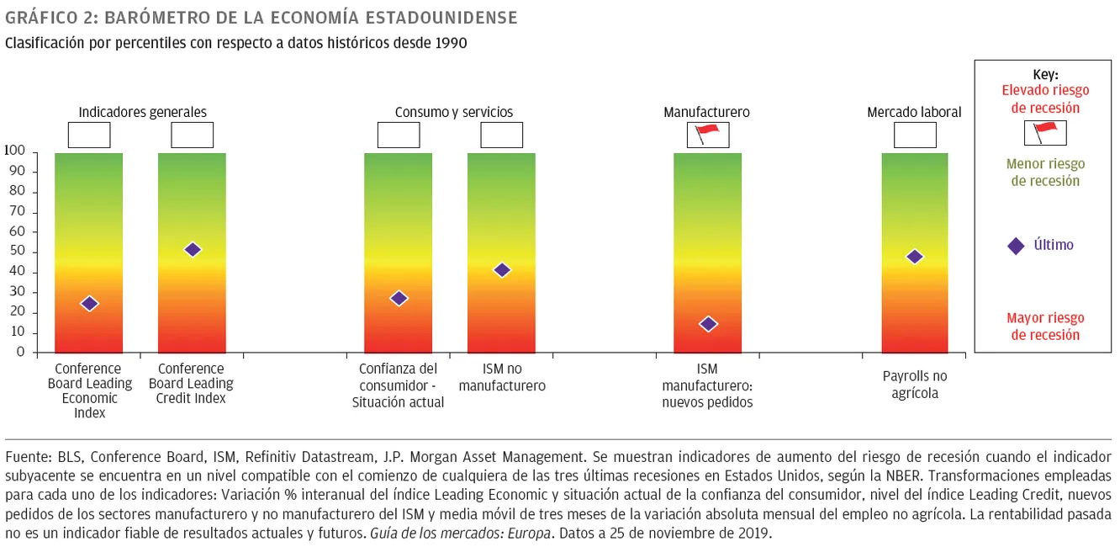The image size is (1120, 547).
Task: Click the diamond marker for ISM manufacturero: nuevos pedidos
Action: [x=708, y=324]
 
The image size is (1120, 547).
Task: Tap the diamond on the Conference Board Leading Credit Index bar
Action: [x=193, y=249]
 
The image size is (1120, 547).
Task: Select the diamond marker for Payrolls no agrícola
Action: [x=915, y=257]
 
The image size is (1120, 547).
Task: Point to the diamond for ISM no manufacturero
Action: [x=502, y=270]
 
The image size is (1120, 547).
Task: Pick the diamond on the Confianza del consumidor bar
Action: [x=399, y=298]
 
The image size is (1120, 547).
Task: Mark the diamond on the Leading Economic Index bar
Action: [x=89, y=304]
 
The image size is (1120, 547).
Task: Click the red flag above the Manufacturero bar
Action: [x=708, y=134]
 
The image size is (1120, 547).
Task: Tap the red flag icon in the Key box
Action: [x=1044, y=132]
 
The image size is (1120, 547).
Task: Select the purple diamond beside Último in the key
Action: [x=1016, y=246]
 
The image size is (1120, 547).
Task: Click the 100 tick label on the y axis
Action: [x=14, y=151]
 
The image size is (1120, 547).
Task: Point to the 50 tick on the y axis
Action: [x=18, y=252]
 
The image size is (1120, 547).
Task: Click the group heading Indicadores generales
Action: [x=142, y=112]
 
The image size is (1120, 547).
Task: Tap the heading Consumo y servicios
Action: [x=454, y=112]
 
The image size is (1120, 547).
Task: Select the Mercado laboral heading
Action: [x=914, y=112]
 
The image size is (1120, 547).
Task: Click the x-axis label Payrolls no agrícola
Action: [x=915, y=385]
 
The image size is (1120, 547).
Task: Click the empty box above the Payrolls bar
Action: [x=915, y=135]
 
